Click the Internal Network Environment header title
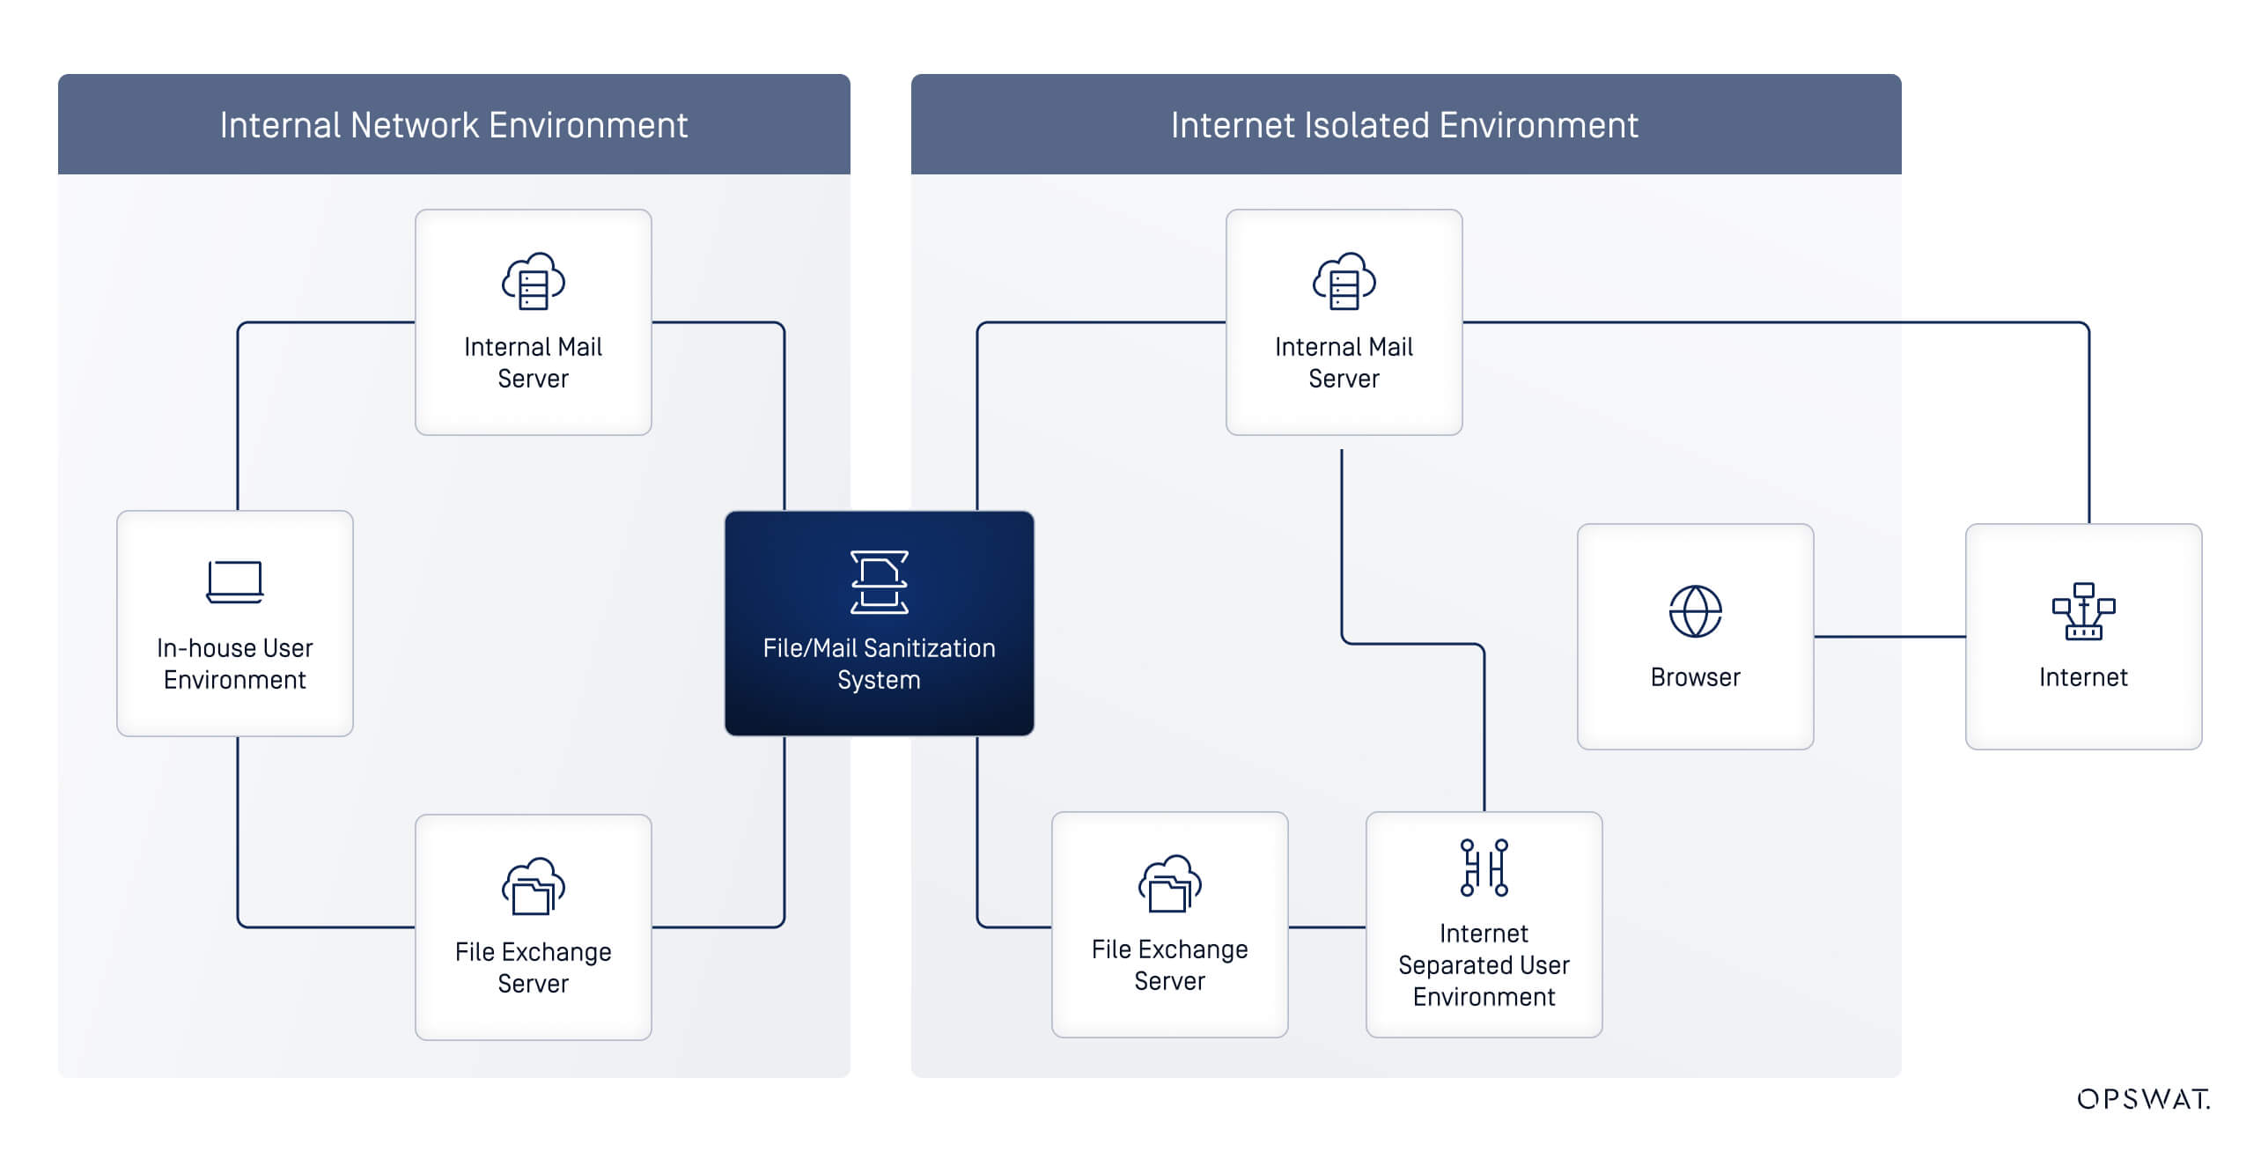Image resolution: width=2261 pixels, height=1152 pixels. (453, 125)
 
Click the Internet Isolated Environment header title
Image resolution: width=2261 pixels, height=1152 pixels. (1404, 125)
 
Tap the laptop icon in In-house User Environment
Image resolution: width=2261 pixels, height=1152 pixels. (235, 582)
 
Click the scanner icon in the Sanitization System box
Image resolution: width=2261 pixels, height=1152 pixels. (879, 582)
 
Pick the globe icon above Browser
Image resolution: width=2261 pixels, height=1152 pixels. (1695, 611)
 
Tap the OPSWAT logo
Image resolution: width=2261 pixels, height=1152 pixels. (2143, 1099)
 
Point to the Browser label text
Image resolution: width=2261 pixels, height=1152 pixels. (1695, 677)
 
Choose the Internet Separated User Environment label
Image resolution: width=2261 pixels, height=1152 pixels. (1484, 965)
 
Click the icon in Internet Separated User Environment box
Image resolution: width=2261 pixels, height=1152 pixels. (1484, 868)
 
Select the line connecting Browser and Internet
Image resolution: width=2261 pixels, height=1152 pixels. (1889, 636)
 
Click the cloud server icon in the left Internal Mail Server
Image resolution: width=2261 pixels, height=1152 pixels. (533, 282)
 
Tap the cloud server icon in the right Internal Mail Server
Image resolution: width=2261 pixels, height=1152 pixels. (1344, 282)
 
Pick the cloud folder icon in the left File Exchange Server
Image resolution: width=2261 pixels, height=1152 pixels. (533, 886)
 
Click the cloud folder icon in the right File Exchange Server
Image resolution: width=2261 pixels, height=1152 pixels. (1169, 883)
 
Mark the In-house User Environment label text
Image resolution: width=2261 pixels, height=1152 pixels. (235, 664)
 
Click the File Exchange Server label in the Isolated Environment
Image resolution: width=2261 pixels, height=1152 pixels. (1169, 965)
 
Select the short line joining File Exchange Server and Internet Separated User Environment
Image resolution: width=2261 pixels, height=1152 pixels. (1327, 927)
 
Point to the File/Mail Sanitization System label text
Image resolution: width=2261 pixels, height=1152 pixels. (879, 664)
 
